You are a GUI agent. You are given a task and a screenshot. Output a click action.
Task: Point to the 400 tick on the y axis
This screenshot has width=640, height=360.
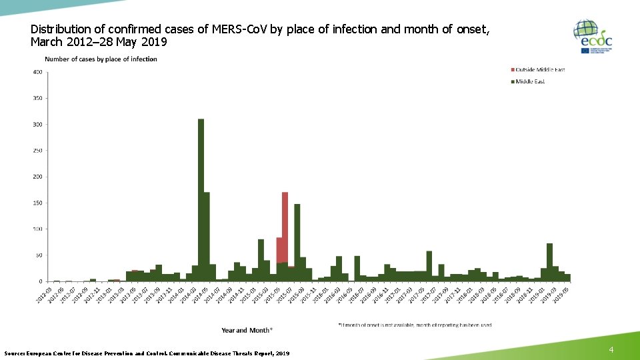(x=39, y=72)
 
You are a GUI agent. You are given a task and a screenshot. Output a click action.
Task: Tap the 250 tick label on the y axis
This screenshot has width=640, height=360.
(x=39, y=151)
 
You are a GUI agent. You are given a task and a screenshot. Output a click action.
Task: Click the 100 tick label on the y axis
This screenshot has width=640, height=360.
(x=39, y=229)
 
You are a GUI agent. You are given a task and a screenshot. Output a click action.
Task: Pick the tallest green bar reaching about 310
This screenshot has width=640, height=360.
(x=201, y=200)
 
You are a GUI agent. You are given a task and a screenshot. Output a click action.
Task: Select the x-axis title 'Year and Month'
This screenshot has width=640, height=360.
(x=247, y=330)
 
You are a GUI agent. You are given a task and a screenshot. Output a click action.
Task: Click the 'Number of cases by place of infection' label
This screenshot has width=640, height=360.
(x=101, y=59)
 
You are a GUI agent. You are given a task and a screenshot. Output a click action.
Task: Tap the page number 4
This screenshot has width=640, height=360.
(x=612, y=350)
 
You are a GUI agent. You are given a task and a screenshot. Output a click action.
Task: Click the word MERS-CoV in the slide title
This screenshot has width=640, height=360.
(x=238, y=29)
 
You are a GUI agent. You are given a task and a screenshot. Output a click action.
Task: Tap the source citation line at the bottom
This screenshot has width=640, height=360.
(x=147, y=353)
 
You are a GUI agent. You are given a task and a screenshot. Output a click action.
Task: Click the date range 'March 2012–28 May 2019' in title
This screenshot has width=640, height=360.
(x=99, y=43)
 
